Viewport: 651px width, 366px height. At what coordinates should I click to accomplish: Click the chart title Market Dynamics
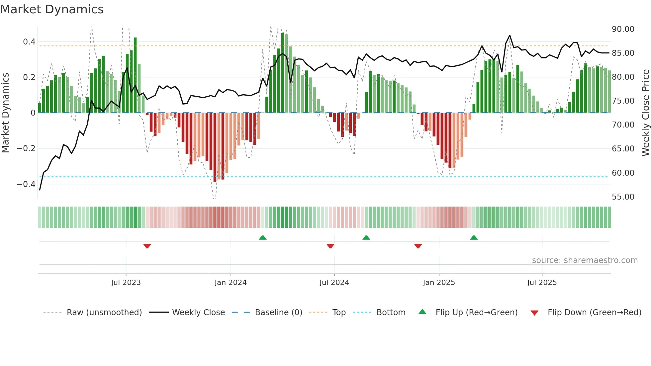(52, 9)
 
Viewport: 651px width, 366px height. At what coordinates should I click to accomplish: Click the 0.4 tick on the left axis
(29, 42)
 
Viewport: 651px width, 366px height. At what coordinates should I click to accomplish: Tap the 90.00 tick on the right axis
(623, 29)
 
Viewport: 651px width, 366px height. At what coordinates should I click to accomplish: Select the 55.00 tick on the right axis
(623, 197)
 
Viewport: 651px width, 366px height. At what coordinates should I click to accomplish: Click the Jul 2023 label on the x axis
(126, 283)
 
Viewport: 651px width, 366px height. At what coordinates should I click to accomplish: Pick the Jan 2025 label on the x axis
(439, 283)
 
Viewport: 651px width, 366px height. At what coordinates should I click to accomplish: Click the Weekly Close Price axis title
(645, 113)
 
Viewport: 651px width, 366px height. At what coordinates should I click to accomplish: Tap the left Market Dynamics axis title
(5, 113)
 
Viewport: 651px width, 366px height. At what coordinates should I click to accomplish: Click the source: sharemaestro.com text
(585, 260)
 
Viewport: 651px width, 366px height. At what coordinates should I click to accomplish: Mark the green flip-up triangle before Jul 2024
(262, 237)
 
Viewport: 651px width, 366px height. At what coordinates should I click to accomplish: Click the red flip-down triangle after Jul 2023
(147, 246)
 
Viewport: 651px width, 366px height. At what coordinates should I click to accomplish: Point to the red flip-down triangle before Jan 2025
(418, 246)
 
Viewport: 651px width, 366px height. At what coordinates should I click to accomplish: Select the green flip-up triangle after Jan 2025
(474, 237)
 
